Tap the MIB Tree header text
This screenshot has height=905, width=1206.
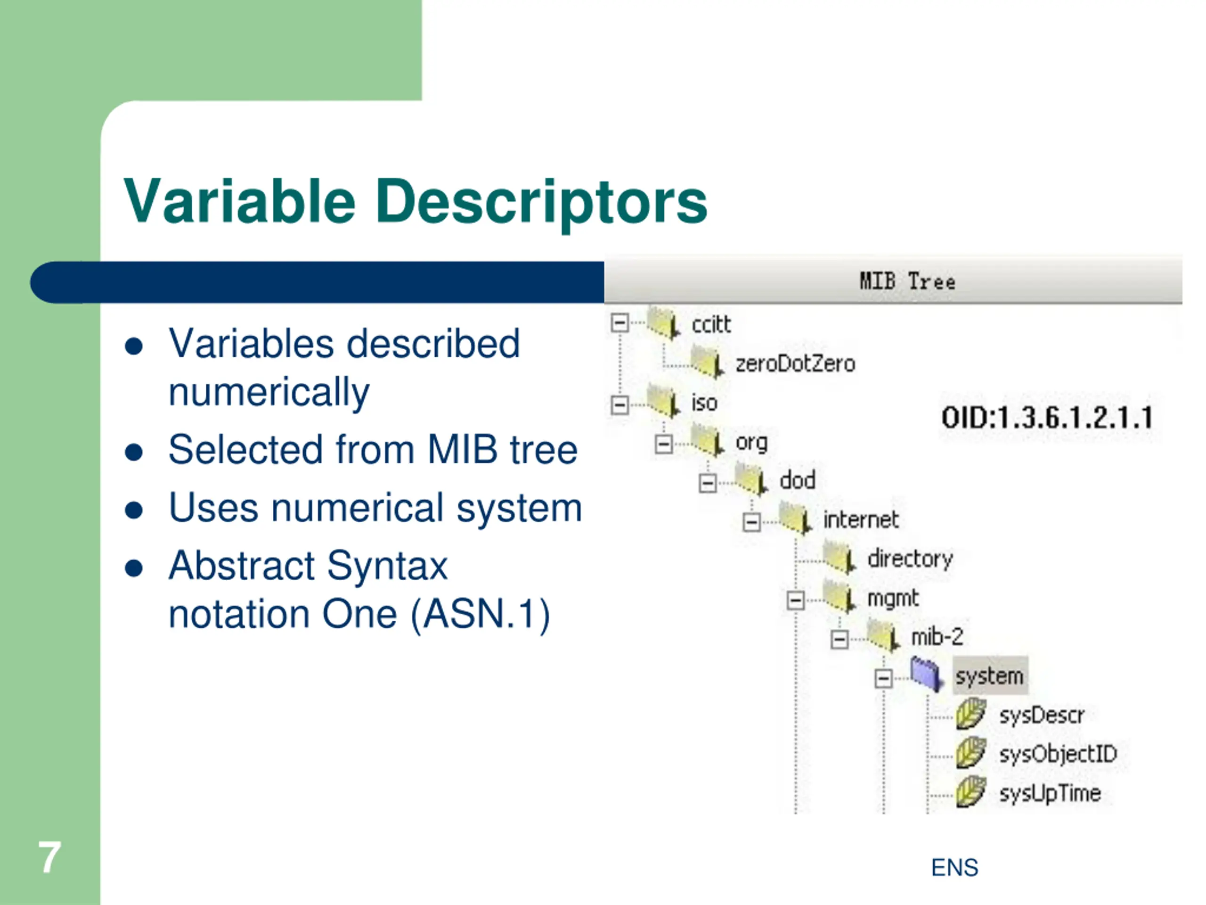tap(907, 281)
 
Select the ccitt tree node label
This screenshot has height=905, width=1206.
tap(711, 325)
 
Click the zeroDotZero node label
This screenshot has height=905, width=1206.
tap(795, 364)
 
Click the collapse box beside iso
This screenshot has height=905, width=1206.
tap(619, 405)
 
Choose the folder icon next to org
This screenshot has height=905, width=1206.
tap(708, 440)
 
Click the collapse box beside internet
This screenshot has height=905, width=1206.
tap(751, 522)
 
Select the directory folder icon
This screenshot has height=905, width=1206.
tap(839, 557)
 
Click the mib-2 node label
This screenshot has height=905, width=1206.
tap(937, 637)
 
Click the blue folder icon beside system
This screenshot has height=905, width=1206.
tap(927, 674)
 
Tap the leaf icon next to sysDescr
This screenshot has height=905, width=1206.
tap(970, 714)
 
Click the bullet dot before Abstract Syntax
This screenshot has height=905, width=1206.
tap(134, 568)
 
